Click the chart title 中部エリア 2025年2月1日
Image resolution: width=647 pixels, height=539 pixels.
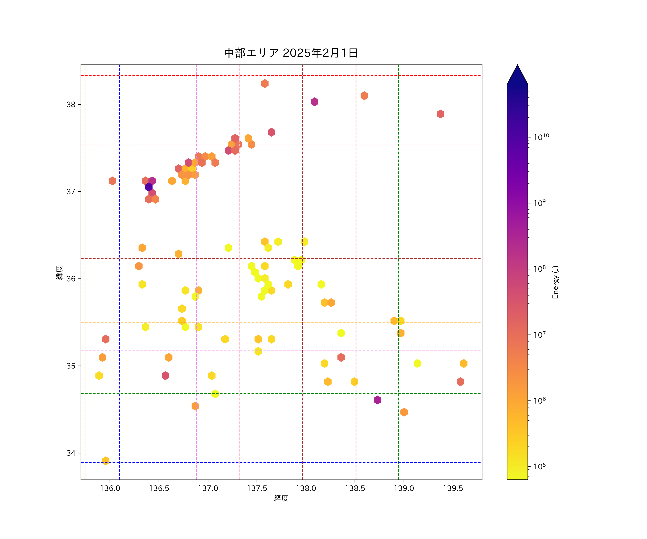(x=291, y=53)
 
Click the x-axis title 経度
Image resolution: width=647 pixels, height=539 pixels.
(x=281, y=498)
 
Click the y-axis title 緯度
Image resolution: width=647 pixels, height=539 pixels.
(x=59, y=273)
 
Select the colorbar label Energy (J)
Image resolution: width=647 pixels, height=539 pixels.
(x=556, y=282)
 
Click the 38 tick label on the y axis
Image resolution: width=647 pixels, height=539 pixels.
(x=71, y=104)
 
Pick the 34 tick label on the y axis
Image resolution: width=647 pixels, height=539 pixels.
(x=71, y=453)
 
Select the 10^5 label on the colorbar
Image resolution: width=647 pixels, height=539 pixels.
(x=540, y=466)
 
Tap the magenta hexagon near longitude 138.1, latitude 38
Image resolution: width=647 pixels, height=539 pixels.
(x=314, y=102)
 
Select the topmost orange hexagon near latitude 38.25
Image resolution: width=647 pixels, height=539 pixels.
(x=265, y=84)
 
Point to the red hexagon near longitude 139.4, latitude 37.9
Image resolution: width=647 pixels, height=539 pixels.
(x=440, y=114)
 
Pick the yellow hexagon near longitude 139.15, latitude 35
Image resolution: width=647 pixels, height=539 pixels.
(x=417, y=363)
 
